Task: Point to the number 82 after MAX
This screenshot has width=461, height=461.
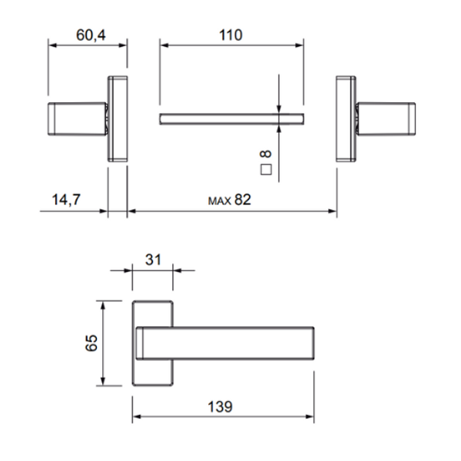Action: (x=243, y=199)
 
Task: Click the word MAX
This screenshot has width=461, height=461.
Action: (x=220, y=201)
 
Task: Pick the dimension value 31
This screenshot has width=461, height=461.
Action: (x=153, y=260)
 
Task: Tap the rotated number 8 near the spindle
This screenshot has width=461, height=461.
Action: (x=267, y=154)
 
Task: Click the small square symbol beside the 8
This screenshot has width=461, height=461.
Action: (x=267, y=171)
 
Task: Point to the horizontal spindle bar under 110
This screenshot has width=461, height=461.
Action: (x=230, y=118)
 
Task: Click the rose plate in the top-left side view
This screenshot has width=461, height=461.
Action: (x=118, y=118)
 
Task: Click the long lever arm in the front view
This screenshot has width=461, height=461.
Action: (x=230, y=343)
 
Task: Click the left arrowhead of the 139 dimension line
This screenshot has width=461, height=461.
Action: (x=137, y=417)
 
